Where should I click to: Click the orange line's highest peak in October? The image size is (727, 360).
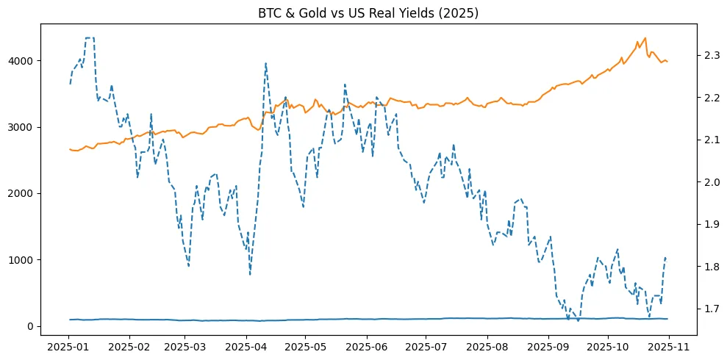pyautogui.click(x=645, y=38)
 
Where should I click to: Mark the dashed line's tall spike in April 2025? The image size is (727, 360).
pyautogui.click(x=265, y=63)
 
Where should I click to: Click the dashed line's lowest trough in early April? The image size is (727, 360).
pyautogui.click(x=250, y=275)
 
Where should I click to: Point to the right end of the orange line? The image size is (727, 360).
pyautogui.click(x=667, y=62)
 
